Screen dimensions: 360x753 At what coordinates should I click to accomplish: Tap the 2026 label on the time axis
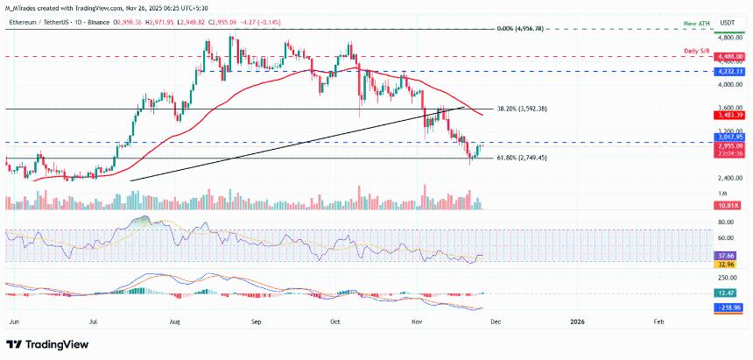(576, 322)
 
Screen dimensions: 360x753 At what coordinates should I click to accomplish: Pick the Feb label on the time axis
(658, 322)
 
